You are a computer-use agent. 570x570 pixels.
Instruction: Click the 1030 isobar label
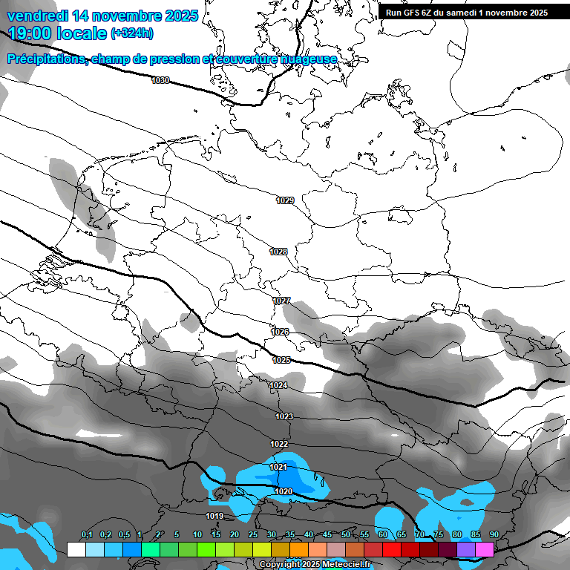pyautogui.click(x=160, y=80)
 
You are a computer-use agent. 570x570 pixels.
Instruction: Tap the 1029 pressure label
pyautogui.click(x=285, y=200)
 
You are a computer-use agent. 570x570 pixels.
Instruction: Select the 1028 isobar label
pyautogui.click(x=278, y=252)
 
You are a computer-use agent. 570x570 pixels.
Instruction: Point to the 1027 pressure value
pyautogui.click(x=281, y=301)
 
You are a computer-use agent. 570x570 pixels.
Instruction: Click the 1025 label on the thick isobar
pyautogui.click(x=281, y=360)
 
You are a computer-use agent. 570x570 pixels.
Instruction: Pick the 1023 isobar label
pyautogui.click(x=284, y=416)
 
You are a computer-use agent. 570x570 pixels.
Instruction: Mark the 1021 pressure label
pyautogui.click(x=278, y=467)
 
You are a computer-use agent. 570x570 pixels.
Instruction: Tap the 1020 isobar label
pyautogui.click(x=283, y=491)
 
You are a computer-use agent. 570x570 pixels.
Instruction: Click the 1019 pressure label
pyautogui.click(x=215, y=516)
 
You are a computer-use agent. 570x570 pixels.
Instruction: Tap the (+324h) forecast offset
pyautogui.click(x=132, y=33)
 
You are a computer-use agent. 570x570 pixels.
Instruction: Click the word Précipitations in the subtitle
pyautogui.click(x=46, y=59)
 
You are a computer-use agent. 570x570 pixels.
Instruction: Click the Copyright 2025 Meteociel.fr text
pyautogui.click(x=315, y=565)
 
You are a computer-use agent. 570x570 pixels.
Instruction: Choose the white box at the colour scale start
pyautogui.click(x=76, y=549)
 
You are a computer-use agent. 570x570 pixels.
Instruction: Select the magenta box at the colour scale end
pyautogui.click(x=485, y=549)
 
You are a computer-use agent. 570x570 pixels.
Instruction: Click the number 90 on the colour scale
pyautogui.click(x=494, y=535)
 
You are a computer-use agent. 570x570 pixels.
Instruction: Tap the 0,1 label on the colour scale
pyautogui.click(x=86, y=535)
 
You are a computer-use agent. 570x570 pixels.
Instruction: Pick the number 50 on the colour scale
pyautogui.click(x=346, y=535)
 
